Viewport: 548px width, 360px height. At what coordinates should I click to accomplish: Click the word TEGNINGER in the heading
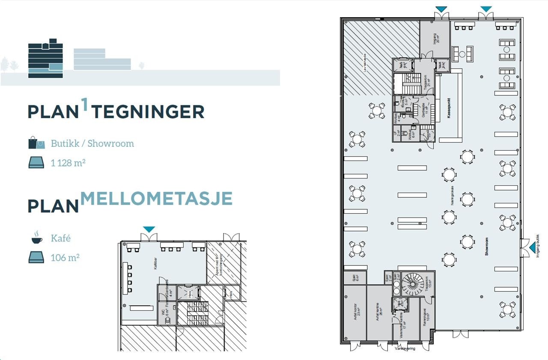(x=148, y=112)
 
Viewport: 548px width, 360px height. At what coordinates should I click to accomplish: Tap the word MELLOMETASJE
(x=156, y=198)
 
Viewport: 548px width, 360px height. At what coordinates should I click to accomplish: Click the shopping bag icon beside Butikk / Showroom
(x=36, y=143)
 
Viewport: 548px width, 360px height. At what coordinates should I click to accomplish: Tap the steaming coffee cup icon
(x=37, y=238)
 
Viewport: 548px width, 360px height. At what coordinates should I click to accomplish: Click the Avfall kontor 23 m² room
(x=355, y=313)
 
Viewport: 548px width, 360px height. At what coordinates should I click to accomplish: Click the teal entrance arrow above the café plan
(x=149, y=230)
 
